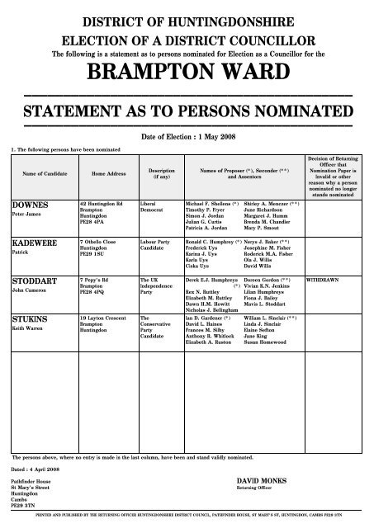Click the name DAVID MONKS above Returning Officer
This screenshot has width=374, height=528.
(261, 478)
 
